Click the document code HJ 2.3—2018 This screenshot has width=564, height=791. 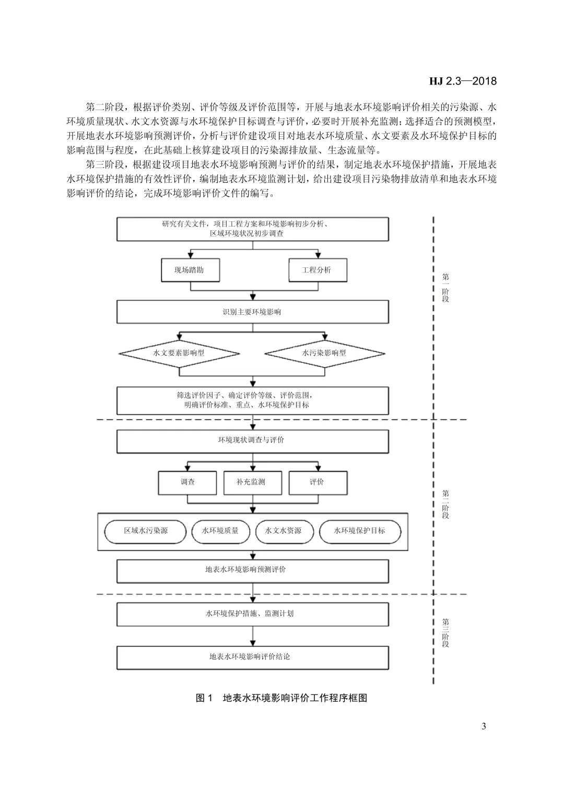click(463, 81)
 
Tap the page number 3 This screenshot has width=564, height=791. click(484, 726)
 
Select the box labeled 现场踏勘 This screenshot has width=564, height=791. click(190, 270)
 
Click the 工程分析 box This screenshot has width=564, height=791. click(318, 270)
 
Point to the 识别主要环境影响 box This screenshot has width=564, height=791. click(252, 312)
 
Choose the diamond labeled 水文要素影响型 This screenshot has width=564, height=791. click(179, 353)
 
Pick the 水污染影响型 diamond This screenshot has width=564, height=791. click(324, 353)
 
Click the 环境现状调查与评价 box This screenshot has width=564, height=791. click(252, 441)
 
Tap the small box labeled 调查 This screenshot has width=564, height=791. click(187, 482)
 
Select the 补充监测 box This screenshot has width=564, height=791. click(252, 482)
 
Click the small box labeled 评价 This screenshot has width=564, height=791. click(318, 482)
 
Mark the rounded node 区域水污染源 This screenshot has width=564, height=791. click(146, 531)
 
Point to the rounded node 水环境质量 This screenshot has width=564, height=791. click(221, 531)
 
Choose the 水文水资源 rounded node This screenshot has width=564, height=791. click(284, 531)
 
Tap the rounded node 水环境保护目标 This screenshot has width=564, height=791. click(360, 531)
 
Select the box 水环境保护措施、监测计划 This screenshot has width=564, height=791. click(252, 614)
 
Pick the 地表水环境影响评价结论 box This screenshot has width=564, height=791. click(252, 657)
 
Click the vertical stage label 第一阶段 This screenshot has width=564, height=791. click(445, 288)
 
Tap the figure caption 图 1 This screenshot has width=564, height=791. click(204, 698)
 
